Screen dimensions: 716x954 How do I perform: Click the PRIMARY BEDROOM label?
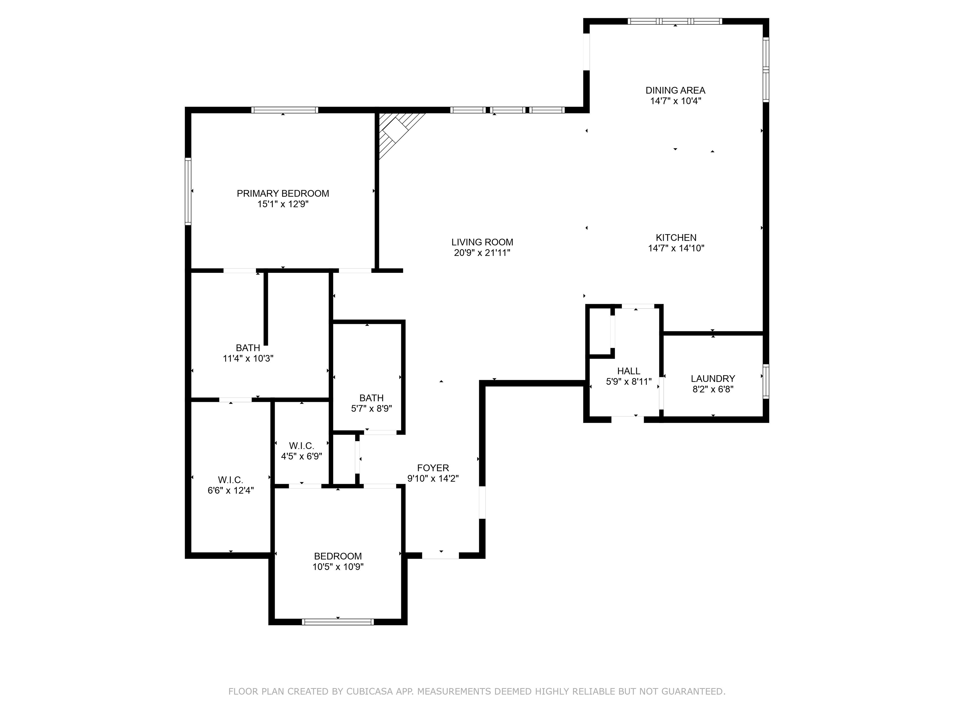[283, 193]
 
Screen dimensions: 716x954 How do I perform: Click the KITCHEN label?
[676, 237]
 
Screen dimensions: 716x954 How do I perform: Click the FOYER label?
[433, 468]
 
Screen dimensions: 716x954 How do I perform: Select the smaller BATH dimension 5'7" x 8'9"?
[371, 408]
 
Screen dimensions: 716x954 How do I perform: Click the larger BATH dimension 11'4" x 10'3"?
[248, 358]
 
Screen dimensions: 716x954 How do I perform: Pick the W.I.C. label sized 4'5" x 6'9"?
[302, 446]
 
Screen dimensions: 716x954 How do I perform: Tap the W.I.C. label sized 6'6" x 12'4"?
[230, 480]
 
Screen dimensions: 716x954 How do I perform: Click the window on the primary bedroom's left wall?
[188, 191]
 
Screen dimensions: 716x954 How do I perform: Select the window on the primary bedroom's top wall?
[285, 110]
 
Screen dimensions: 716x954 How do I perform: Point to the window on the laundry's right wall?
[765, 382]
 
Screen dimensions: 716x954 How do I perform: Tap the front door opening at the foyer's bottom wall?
[440, 555]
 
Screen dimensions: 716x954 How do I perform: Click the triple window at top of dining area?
[675, 21]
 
